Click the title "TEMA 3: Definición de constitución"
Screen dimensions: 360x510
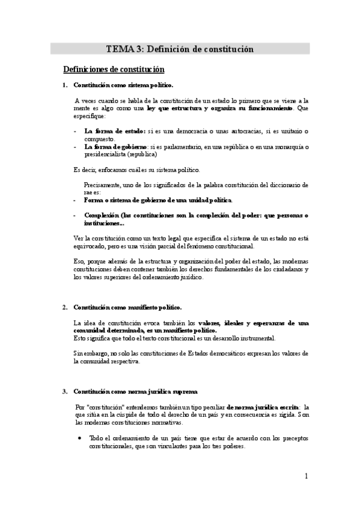pos(180,49)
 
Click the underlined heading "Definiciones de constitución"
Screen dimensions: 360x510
pos(114,70)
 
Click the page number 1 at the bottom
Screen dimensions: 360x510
pos(307,476)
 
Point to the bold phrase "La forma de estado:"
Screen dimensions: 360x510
pos(115,131)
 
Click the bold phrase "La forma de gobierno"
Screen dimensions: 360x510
pos(116,146)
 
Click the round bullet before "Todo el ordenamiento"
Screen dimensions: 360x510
pos(80,438)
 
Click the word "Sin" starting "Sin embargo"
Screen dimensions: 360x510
pos(78,354)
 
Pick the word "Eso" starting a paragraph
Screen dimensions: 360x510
pos(78,261)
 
